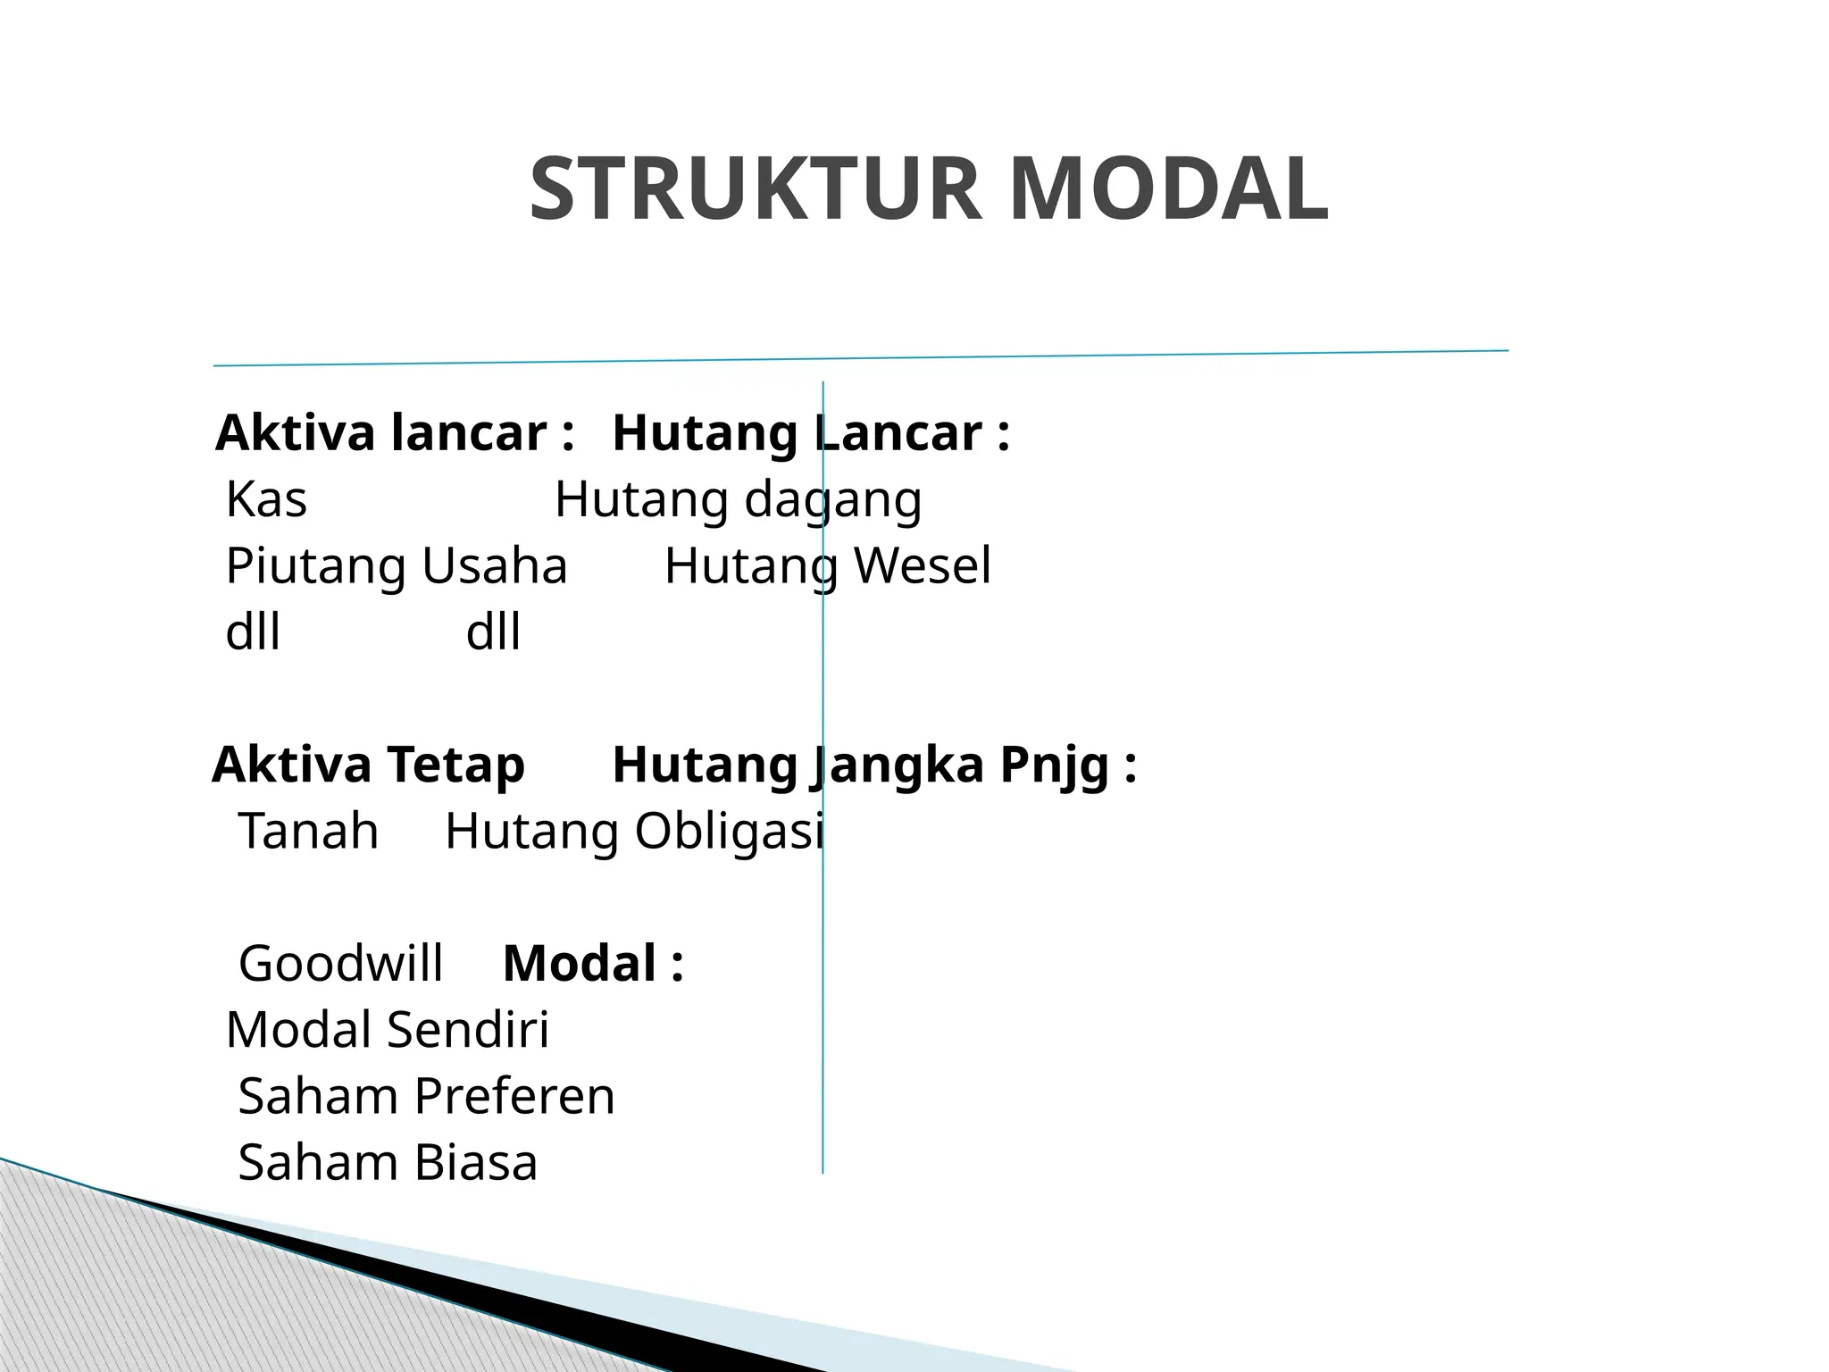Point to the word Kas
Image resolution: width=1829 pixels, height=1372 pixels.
[x=266, y=499]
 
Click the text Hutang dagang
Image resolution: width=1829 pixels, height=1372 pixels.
[x=738, y=499]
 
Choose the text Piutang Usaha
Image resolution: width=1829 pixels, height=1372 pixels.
[x=397, y=566]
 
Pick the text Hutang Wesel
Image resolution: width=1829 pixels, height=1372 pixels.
[x=828, y=566]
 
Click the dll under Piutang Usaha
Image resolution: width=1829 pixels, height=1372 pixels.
[x=253, y=632]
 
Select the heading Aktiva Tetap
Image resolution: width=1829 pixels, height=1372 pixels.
[x=368, y=765]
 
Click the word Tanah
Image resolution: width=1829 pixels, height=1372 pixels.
[x=308, y=832]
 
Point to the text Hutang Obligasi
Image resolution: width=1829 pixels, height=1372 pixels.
[x=634, y=832]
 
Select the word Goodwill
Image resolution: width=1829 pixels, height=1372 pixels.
[x=340, y=964]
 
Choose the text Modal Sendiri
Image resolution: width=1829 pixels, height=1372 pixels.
[x=388, y=1030]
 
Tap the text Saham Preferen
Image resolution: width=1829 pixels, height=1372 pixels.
[x=426, y=1097]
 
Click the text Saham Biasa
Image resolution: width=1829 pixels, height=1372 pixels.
[x=388, y=1163]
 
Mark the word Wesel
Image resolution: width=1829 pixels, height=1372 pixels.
[x=923, y=566]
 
